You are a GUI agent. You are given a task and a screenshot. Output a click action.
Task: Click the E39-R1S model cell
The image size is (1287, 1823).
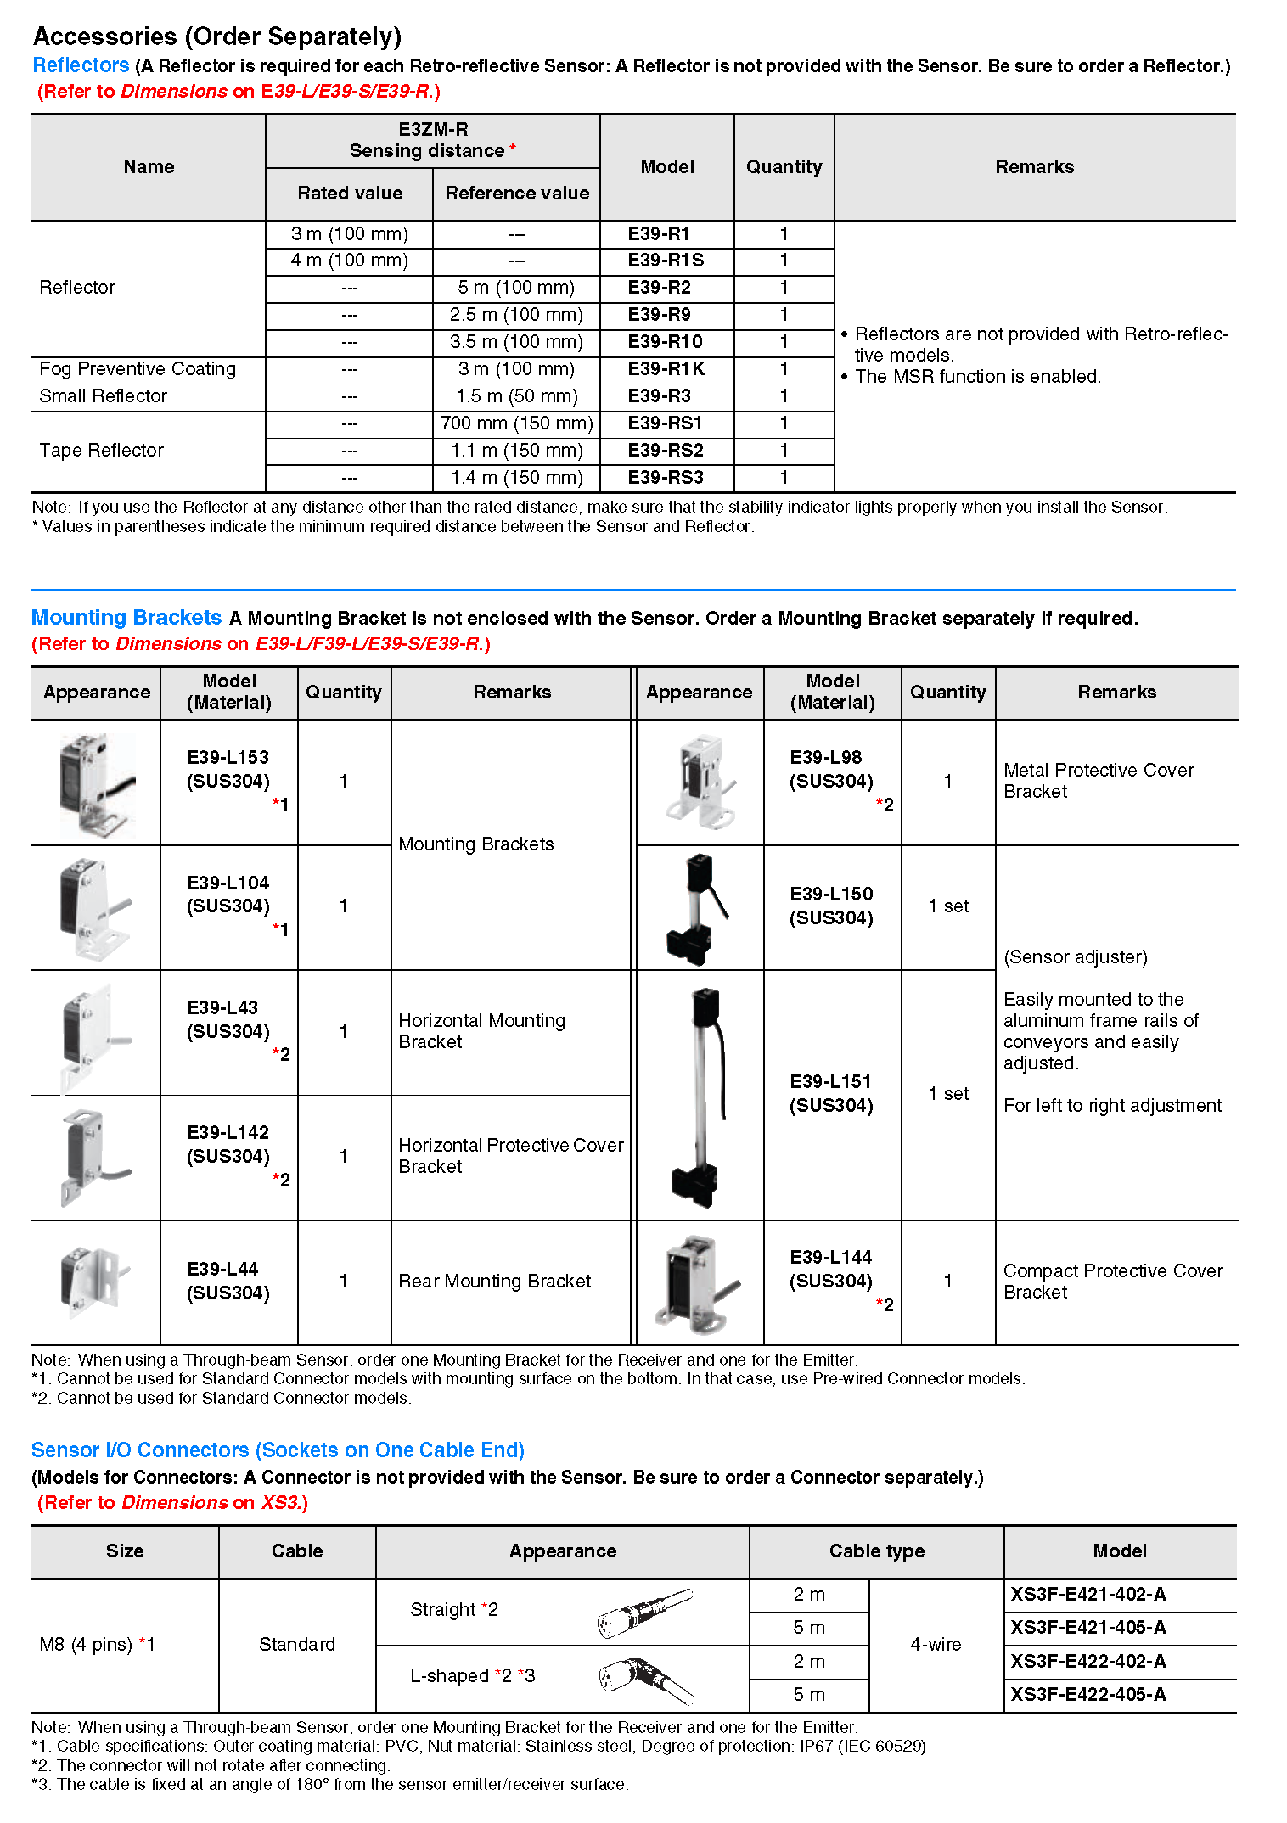(x=666, y=261)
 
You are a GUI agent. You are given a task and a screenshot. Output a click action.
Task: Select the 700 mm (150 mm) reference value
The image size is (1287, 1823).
(x=516, y=423)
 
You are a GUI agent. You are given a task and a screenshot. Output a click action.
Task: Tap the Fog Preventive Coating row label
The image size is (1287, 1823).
(x=138, y=369)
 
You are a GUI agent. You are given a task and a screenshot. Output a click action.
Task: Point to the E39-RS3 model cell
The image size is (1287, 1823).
(x=666, y=478)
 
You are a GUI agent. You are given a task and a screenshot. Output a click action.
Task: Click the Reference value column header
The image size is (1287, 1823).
(x=517, y=194)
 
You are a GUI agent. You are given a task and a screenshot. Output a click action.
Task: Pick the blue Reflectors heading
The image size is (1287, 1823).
(x=81, y=65)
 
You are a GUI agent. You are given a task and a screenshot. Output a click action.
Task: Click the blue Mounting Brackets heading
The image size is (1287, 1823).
(x=126, y=618)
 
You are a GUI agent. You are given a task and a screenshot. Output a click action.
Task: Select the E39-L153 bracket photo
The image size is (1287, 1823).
(x=96, y=783)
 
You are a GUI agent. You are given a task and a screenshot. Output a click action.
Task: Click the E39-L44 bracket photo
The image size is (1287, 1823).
(x=93, y=1282)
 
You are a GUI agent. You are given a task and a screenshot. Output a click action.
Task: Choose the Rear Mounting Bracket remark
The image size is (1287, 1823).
(x=495, y=1282)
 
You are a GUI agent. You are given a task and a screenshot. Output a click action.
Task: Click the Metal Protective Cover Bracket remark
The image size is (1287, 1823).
(x=1099, y=781)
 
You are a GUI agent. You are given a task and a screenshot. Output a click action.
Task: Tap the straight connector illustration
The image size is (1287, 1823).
(x=644, y=1612)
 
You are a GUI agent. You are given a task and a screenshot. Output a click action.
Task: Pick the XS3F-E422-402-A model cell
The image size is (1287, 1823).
(x=1087, y=1662)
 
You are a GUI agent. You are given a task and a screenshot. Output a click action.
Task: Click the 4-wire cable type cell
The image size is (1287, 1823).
(x=936, y=1645)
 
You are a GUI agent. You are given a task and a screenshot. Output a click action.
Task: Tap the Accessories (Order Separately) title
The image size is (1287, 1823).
(x=217, y=36)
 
